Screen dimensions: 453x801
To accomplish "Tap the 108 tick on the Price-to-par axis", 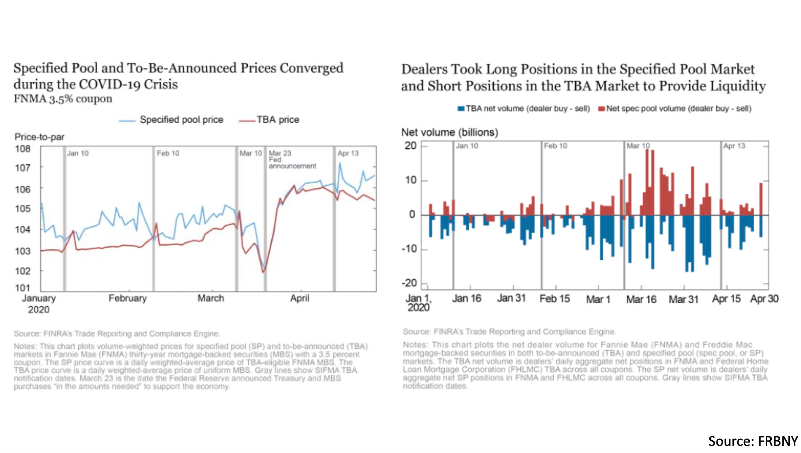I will pyautogui.click(x=23, y=149).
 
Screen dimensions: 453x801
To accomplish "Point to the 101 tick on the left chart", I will pyautogui.click(x=23, y=288).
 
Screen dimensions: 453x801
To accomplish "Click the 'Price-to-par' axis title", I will pyautogui.click(x=39, y=137).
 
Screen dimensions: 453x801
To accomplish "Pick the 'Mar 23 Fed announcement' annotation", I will pyautogui.click(x=292, y=159).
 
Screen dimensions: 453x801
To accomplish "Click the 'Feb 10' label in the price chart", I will pyautogui.click(x=168, y=153).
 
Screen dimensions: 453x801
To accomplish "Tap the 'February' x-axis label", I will pyautogui.click(x=128, y=298).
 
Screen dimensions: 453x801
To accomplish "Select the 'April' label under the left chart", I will pyautogui.click(x=300, y=298).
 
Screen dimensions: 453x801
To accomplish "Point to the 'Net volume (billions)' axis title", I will pyautogui.click(x=450, y=132).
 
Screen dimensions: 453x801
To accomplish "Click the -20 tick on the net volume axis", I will pyautogui.click(x=409, y=283).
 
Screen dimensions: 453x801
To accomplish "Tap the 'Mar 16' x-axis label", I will pyautogui.click(x=641, y=300).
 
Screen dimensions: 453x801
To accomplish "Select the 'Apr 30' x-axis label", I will pyautogui.click(x=764, y=299).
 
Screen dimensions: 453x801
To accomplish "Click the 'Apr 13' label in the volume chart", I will pyautogui.click(x=734, y=146).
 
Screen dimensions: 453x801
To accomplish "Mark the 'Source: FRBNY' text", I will pyautogui.click(x=753, y=441).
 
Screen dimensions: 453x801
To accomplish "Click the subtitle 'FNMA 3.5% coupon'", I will pyautogui.click(x=63, y=99).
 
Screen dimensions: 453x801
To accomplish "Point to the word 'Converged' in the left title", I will pyautogui.click(x=311, y=68).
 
